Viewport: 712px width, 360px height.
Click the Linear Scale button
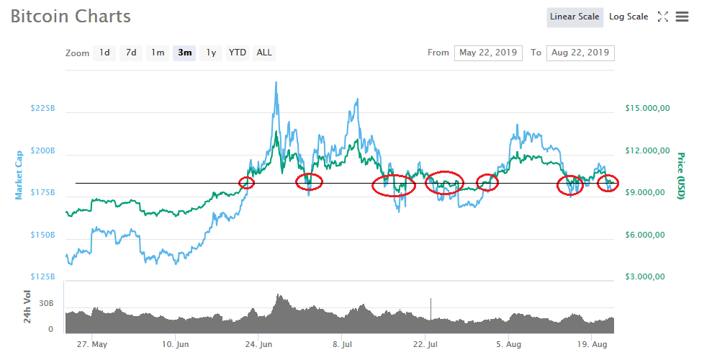(x=574, y=17)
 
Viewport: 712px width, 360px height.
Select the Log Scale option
(x=628, y=17)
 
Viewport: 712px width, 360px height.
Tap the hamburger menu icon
(x=682, y=17)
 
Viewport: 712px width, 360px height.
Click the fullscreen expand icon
(x=663, y=17)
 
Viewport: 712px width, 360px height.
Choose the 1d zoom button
(x=104, y=53)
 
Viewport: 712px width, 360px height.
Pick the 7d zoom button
(x=131, y=53)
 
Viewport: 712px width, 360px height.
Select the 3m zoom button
(x=185, y=53)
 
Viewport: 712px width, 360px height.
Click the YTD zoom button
(x=237, y=53)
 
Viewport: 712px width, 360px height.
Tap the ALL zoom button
(x=264, y=53)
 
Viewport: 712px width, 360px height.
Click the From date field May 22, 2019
(x=488, y=53)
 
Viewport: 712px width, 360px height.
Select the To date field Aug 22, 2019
(x=580, y=53)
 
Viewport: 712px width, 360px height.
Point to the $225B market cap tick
(x=42, y=109)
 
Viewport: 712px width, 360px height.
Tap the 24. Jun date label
(x=258, y=344)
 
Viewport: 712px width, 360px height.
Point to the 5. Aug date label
(x=508, y=344)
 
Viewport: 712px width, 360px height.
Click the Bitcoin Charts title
(x=71, y=17)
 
